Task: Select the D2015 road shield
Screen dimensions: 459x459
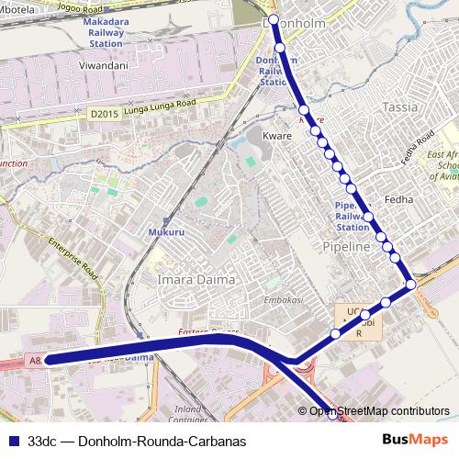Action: tap(105, 114)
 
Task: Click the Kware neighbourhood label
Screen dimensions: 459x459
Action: tap(276, 136)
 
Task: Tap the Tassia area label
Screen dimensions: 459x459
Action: tap(399, 107)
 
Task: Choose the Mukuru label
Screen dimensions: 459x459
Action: tap(166, 233)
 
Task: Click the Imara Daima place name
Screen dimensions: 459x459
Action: tap(196, 278)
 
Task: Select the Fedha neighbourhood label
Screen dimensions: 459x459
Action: tap(398, 198)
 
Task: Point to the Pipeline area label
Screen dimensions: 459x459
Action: tap(346, 247)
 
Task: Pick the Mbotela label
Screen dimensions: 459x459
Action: tap(18, 9)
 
